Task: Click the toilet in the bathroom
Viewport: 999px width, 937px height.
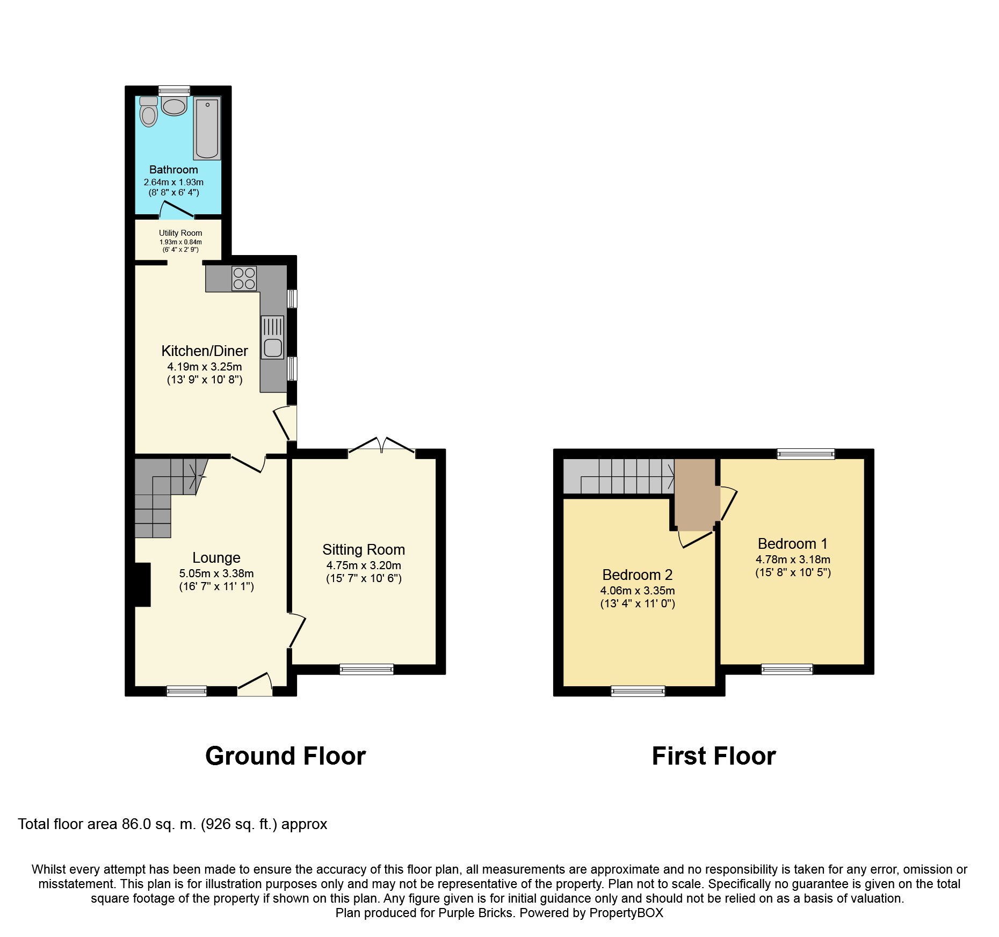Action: tap(148, 111)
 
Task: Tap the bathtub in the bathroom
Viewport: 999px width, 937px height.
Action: tap(207, 128)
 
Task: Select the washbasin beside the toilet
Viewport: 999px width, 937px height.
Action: tap(174, 106)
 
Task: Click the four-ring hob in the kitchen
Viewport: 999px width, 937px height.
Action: tap(244, 278)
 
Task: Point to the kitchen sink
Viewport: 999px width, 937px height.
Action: tap(273, 337)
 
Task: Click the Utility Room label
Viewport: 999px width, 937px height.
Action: tap(180, 233)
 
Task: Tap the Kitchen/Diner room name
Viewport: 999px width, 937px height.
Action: tap(205, 351)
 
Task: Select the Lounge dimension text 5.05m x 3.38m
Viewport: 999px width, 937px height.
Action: tap(216, 573)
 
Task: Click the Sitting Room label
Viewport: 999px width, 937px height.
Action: tap(364, 550)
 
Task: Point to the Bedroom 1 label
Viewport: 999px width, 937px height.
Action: tap(793, 543)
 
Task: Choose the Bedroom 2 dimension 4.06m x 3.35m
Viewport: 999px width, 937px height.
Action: tap(638, 591)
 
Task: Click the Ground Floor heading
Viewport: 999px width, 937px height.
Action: tap(285, 756)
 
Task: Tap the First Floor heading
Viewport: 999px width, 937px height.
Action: tap(714, 756)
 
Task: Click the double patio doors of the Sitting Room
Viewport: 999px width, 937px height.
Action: tap(382, 447)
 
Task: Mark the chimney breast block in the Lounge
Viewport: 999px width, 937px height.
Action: tap(142, 585)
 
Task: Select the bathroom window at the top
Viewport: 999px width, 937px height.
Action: tap(174, 90)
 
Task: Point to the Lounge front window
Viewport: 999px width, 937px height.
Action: tap(187, 691)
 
